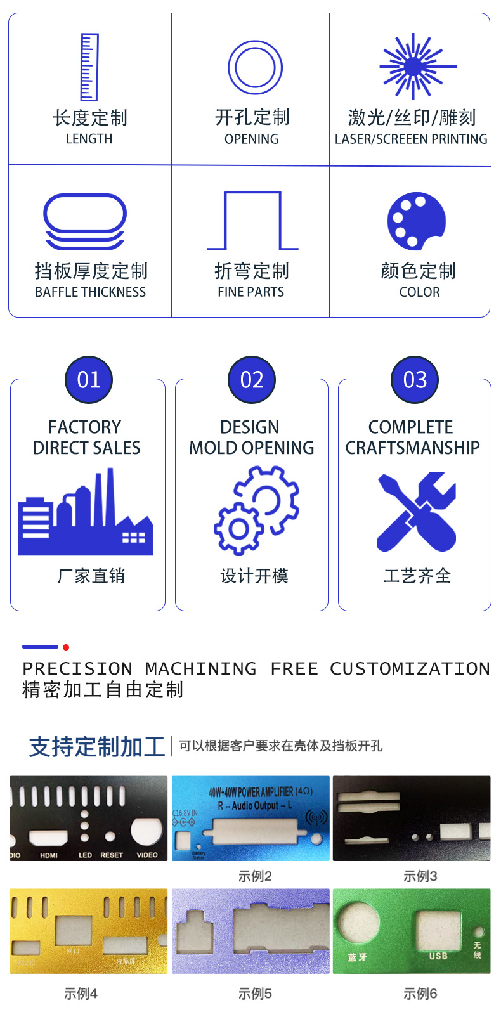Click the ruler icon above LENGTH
pyautogui.click(x=89, y=67)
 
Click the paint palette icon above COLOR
pyautogui.click(x=417, y=221)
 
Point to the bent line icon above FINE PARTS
pyautogui.click(x=252, y=221)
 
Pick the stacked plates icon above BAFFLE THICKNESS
pyautogui.click(x=85, y=221)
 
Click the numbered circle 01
pyautogui.click(x=89, y=380)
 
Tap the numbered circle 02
pyautogui.click(x=252, y=380)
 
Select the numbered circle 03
pyautogui.click(x=415, y=380)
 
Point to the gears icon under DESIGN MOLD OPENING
pyautogui.click(x=256, y=510)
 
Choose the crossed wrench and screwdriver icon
pyautogui.click(x=417, y=512)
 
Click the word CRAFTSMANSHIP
pyautogui.click(x=412, y=448)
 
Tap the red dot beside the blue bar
pyautogui.click(x=66, y=647)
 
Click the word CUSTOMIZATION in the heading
pyautogui.click(x=410, y=668)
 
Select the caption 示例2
pyautogui.click(x=255, y=876)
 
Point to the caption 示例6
pyautogui.click(x=420, y=994)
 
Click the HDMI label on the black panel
pyautogui.click(x=49, y=855)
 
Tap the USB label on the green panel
pyautogui.click(x=438, y=956)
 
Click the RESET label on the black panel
pyautogui.click(x=112, y=855)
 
